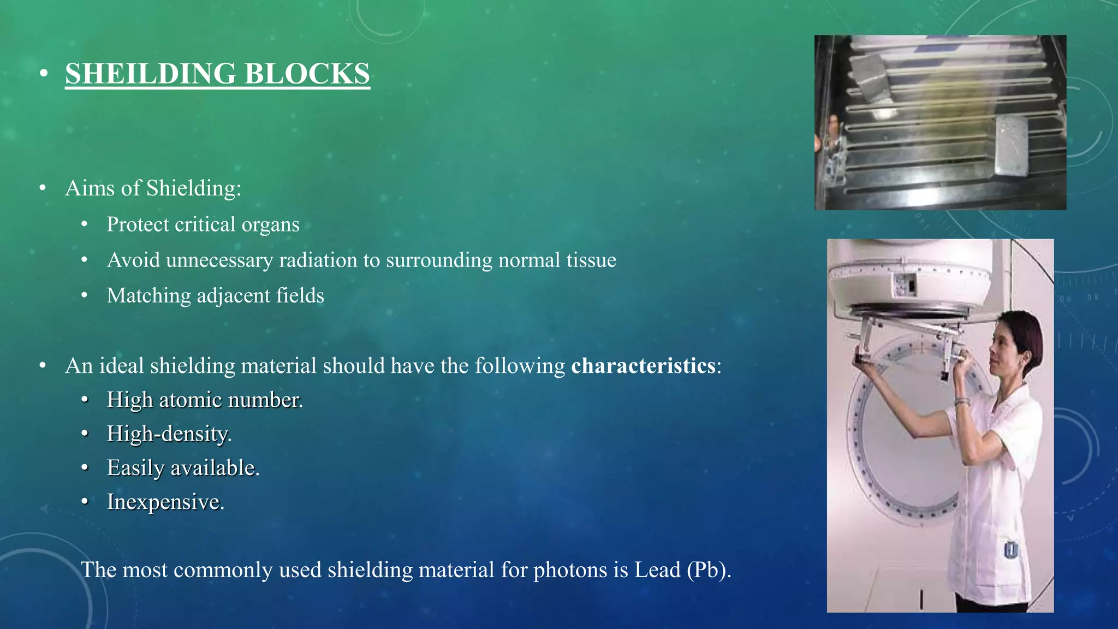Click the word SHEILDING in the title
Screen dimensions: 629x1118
coord(151,74)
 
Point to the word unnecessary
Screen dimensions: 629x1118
coord(219,260)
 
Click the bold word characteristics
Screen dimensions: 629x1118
coord(643,366)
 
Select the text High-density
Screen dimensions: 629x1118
coord(169,434)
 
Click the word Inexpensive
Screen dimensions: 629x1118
coord(165,502)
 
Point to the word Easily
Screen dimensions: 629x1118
coord(135,468)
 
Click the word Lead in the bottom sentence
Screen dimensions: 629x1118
coord(657,570)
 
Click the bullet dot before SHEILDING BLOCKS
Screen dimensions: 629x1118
coord(44,74)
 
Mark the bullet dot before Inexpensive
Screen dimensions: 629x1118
coord(85,502)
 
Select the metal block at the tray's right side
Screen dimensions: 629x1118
coord(1011,146)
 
